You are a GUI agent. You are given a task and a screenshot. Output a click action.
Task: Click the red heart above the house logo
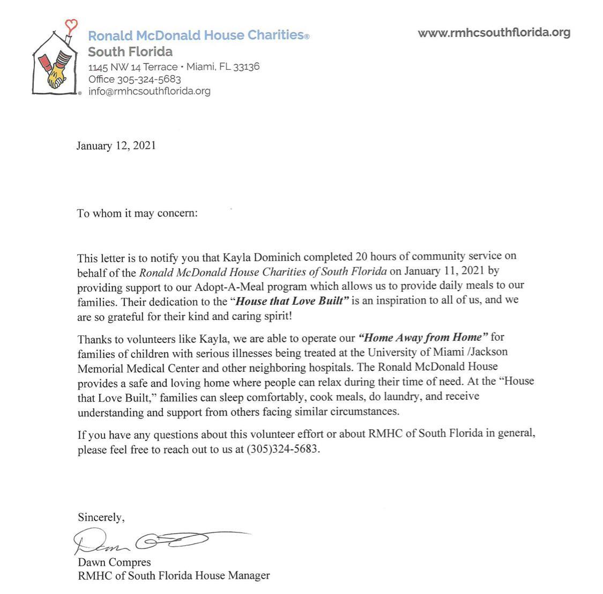click(x=71, y=24)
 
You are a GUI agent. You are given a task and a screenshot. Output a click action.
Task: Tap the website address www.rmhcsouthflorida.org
click(x=494, y=33)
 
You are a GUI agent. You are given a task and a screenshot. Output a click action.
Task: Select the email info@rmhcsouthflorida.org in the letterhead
click(x=150, y=91)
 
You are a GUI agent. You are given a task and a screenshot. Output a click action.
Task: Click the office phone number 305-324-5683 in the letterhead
click(x=149, y=79)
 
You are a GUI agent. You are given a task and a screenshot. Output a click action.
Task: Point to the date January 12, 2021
click(x=116, y=146)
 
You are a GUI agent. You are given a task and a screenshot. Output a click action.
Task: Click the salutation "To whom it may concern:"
click(x=137, y=214)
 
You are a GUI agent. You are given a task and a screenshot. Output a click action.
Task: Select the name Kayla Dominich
click(x=251, y=257)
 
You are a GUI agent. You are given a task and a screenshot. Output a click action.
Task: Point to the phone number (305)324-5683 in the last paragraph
click(x=282, y=450)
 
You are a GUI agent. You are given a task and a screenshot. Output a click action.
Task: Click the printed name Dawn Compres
click(x=114, y=562)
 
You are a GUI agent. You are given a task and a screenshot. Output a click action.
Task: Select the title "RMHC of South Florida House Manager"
click(x=174, y=576)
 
